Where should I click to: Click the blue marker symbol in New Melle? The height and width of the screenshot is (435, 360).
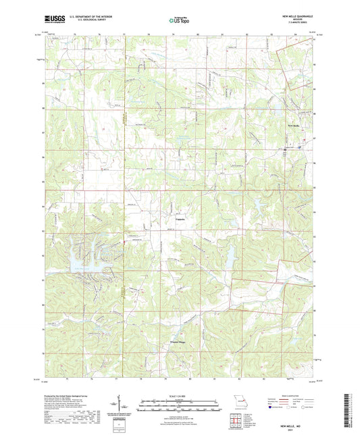tap(286, 149)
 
